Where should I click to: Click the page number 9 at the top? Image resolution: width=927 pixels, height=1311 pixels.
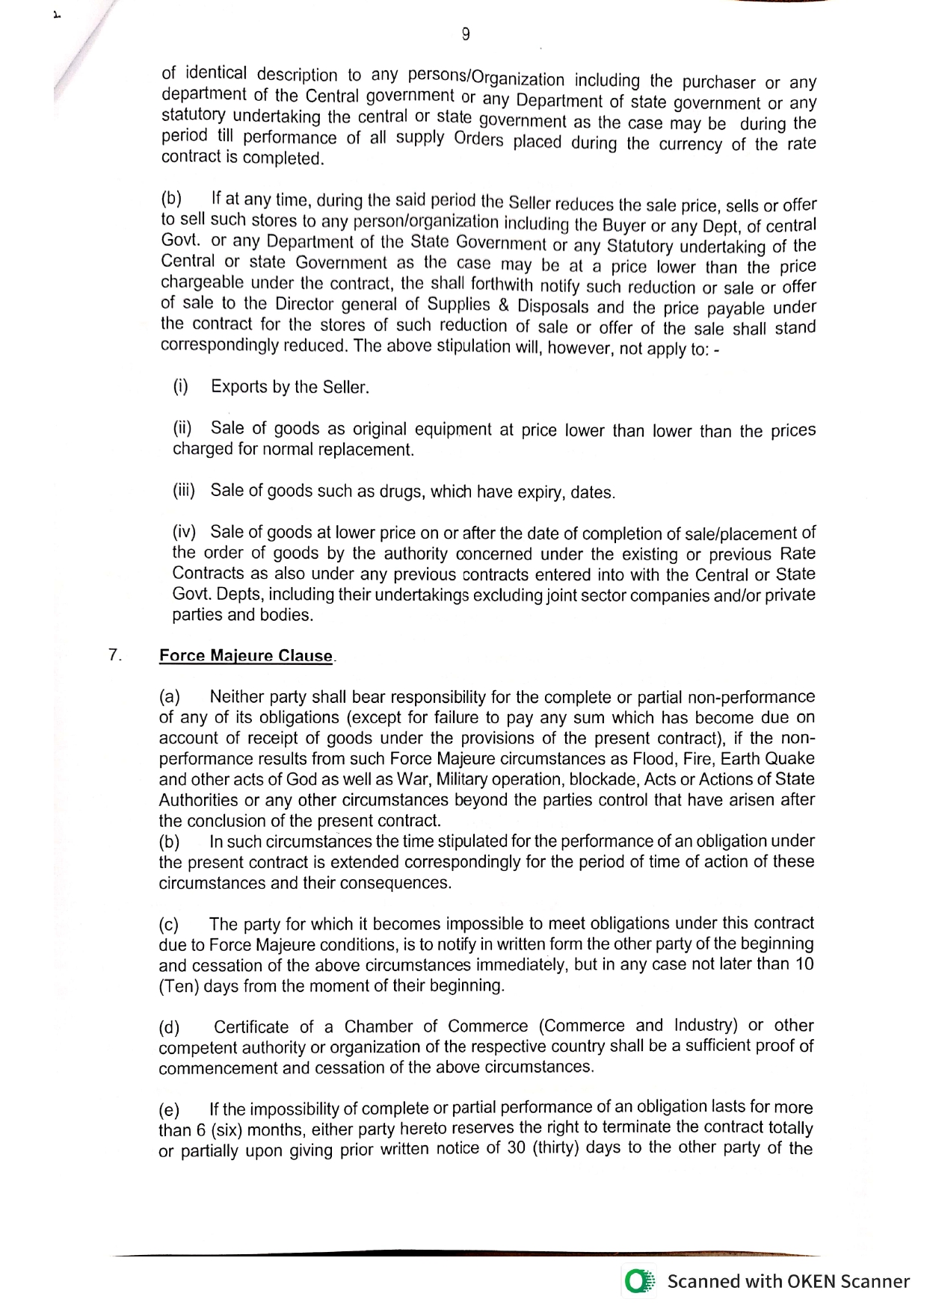click(x=466, y=34)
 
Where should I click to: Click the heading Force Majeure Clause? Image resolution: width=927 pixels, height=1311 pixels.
click(x=246, y=656)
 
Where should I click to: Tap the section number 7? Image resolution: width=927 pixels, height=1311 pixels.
click(x=114, y=655)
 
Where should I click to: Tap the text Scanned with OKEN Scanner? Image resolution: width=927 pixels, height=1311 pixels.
click(x=788, y=1281)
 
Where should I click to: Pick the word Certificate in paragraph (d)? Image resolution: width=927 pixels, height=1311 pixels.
click(x=251, y=1027)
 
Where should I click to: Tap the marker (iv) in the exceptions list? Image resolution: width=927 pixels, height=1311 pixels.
click(x=184, y=532)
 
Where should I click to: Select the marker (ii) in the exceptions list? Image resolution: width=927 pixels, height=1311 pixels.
click(x=182, y=429)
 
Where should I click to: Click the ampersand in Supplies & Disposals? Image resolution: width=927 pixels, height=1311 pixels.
click(x=502, y=306)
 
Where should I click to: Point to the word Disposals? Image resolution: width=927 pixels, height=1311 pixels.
click(x=553, y=307)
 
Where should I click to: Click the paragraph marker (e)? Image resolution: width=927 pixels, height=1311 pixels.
click(x=170, y=1109)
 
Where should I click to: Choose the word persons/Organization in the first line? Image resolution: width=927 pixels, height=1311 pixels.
click(x=486, y=78)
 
